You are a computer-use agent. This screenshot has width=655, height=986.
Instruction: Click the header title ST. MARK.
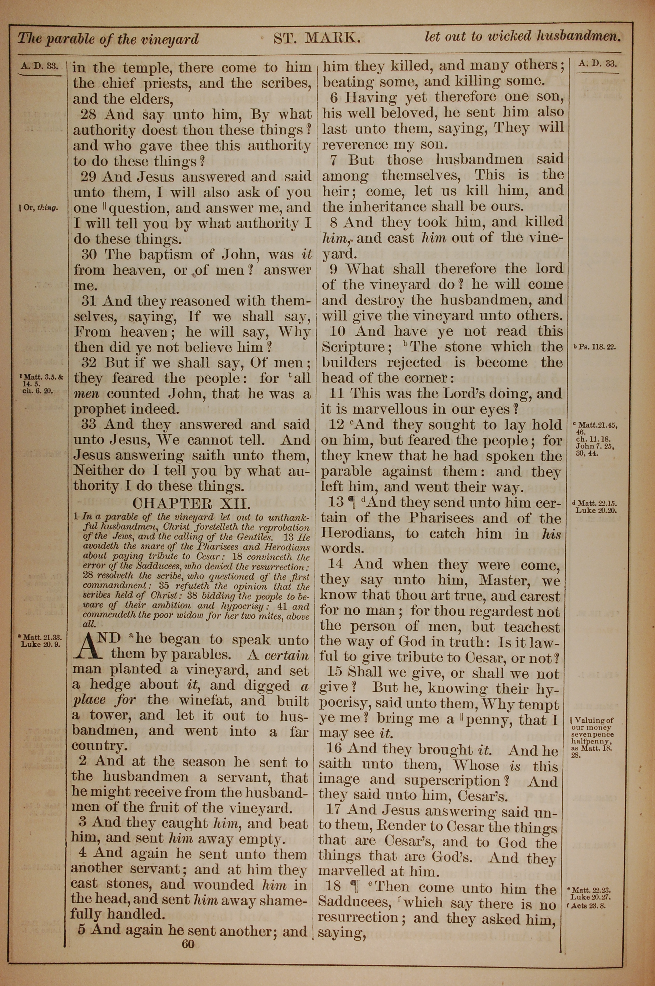pos(317,38)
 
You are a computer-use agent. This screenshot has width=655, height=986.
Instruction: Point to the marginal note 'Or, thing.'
pos(38,208)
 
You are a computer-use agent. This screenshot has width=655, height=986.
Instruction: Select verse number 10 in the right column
pos(338,331)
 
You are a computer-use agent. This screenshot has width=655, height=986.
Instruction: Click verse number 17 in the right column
pos(333,810)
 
